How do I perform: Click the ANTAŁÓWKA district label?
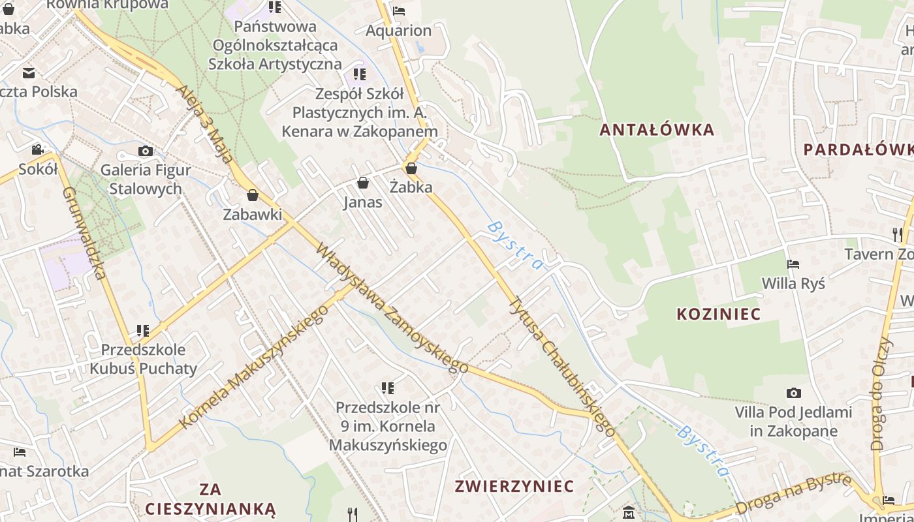(657, 129)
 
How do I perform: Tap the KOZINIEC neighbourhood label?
(718, 314)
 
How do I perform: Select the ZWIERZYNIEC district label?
(514, 486)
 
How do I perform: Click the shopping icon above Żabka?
(411, 168)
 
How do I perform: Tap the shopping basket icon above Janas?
(363, 183)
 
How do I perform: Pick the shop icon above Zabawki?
(253, 195)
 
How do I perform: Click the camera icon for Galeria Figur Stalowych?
(146, 151)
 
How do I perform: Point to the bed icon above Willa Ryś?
(793, 264)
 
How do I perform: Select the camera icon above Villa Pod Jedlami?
(793, 393)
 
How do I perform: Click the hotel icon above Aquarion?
(399, 10)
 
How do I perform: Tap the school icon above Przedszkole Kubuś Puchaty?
(143, 331)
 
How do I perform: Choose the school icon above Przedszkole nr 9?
(388, 388)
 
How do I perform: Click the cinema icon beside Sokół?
(37, 149)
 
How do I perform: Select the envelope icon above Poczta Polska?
(29, 73)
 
